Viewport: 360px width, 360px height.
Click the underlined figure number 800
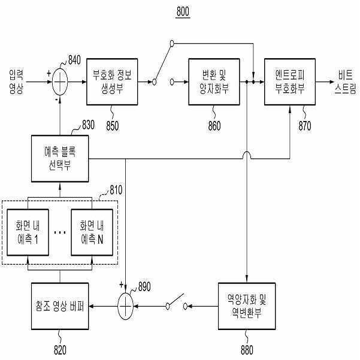183,12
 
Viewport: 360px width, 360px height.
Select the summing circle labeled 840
60,81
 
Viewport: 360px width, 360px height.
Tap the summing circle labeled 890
125,306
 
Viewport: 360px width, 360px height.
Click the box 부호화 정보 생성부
112,81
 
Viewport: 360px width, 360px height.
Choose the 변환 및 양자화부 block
214,81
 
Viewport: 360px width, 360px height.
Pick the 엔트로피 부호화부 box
290,81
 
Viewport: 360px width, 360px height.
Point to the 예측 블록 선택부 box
60,158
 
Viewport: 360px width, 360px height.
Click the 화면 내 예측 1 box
28,232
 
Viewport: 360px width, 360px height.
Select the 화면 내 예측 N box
92,232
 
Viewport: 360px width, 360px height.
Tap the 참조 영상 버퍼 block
60,306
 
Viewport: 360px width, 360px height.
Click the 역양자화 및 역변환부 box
247,306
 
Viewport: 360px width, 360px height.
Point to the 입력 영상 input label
16,81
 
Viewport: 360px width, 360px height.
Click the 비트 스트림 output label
345,81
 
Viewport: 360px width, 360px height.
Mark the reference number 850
112,126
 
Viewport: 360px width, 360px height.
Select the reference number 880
247,350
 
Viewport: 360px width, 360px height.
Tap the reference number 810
116,190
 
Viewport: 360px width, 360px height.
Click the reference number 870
305,126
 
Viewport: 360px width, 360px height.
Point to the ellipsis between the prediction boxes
60,232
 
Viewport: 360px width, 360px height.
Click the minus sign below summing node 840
56,99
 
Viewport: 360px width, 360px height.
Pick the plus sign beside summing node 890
121,285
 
